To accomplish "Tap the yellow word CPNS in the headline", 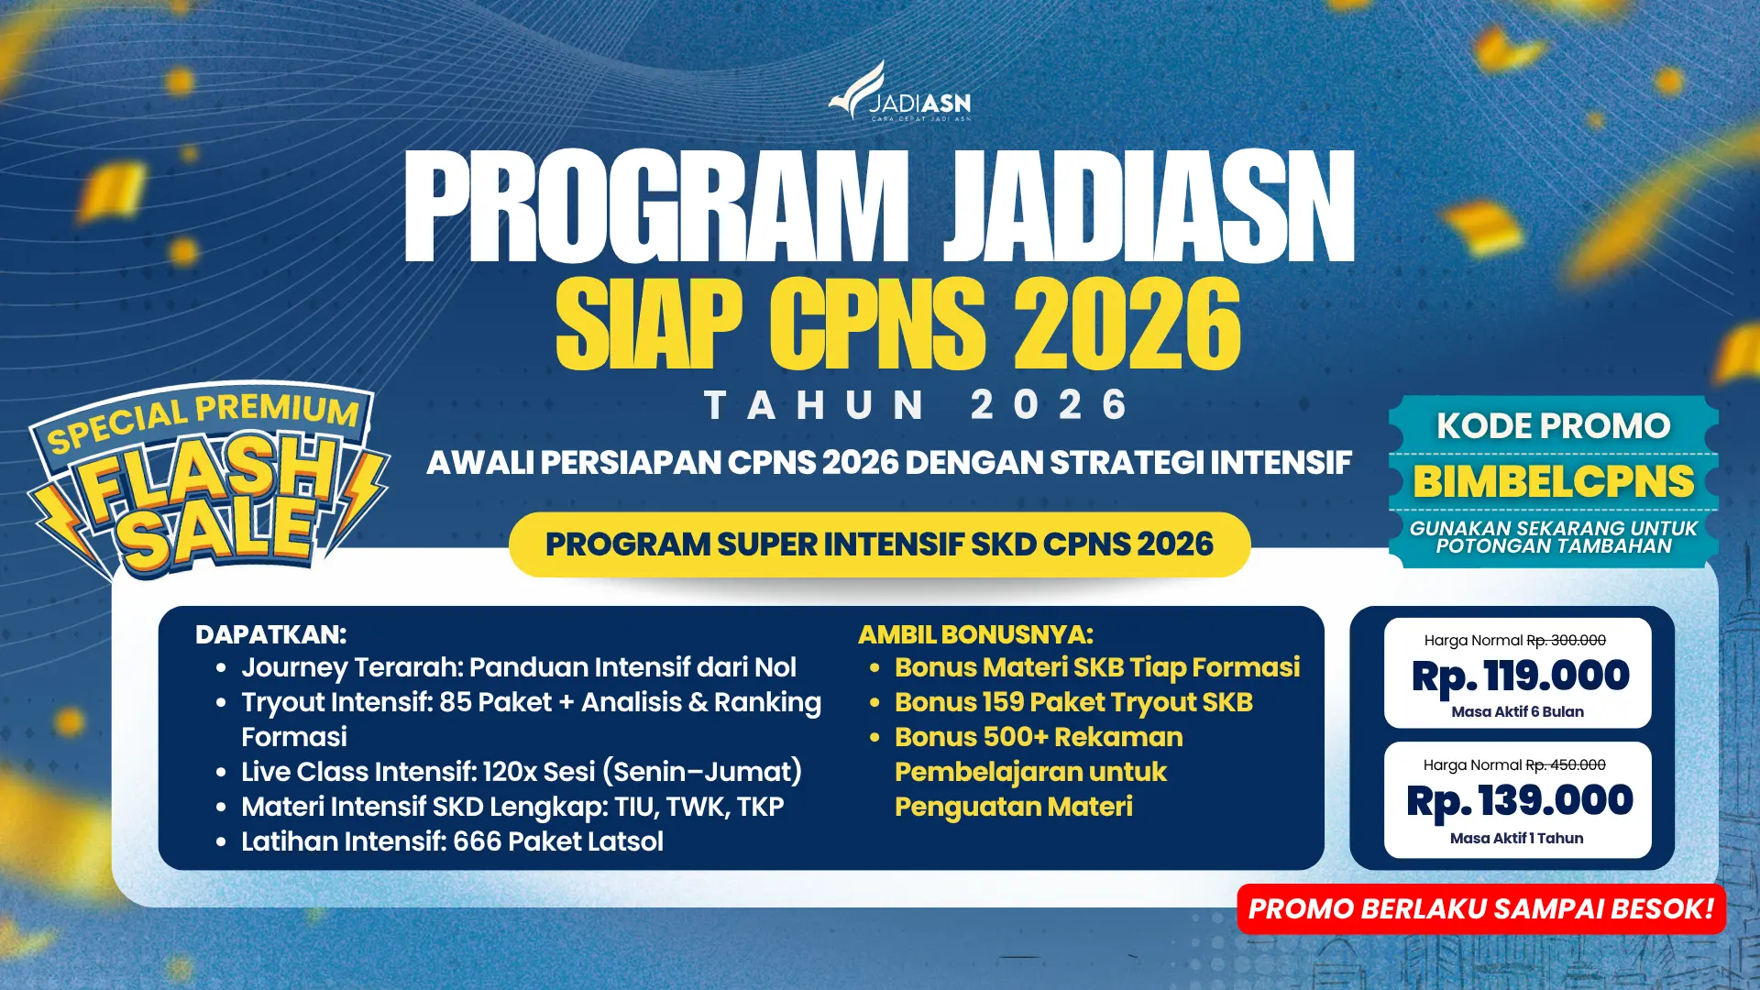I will tap(877, 324).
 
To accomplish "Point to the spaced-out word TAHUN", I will tap(815, 405).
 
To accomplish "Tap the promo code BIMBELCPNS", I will tap(1553, 482).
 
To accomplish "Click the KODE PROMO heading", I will tap(1553, 426).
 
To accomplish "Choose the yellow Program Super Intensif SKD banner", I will tap(879, 544).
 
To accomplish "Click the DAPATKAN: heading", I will tap(270, 634).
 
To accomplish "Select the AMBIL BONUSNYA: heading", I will tap(975, 634).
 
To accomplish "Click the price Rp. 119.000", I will tap(1520, 676).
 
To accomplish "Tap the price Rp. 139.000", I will tap(1520, 801).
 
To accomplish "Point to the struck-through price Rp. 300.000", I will tap(1566, 641).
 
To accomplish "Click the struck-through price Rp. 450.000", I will tap(1566, 765).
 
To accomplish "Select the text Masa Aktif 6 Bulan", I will tap(1517, 712).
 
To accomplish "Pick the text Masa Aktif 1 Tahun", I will tap(1516, 839).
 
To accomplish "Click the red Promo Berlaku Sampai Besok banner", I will tap(1480, 909).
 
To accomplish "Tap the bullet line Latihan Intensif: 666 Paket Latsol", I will tap(452, 841).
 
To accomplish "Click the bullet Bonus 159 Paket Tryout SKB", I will tap(1073, 702).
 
